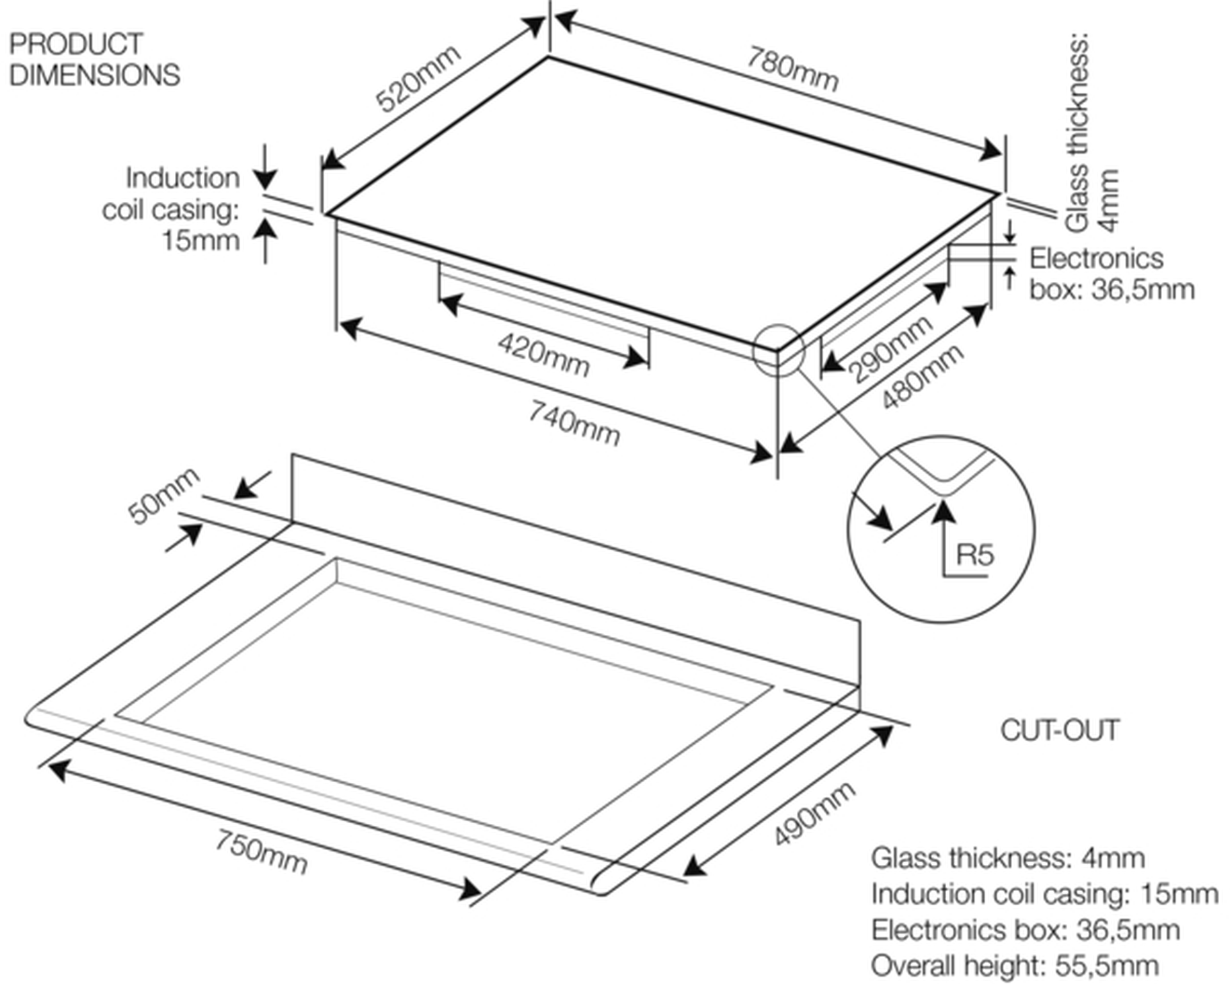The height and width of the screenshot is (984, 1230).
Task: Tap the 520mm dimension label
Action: point(418,78)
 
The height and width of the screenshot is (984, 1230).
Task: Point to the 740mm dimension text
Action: point(574,422)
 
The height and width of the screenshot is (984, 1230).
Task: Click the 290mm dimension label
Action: point(890,349)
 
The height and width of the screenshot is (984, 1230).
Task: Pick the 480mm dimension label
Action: point(922,377)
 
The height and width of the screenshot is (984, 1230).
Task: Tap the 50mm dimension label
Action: point(164,496)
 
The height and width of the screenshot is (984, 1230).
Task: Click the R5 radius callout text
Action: point(974,554)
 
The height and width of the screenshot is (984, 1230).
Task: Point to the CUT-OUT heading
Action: point(1060,730)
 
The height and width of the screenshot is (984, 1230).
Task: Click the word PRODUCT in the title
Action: point(76,44)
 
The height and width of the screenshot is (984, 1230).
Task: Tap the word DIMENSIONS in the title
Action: point(95,75)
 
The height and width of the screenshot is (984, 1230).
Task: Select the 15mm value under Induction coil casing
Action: point(201,241)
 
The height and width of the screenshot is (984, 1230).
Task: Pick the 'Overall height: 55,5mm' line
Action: point(1015,965)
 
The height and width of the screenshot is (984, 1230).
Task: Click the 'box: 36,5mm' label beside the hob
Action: point(1112,290)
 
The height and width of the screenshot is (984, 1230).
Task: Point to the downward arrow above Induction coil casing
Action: point(266,168)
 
